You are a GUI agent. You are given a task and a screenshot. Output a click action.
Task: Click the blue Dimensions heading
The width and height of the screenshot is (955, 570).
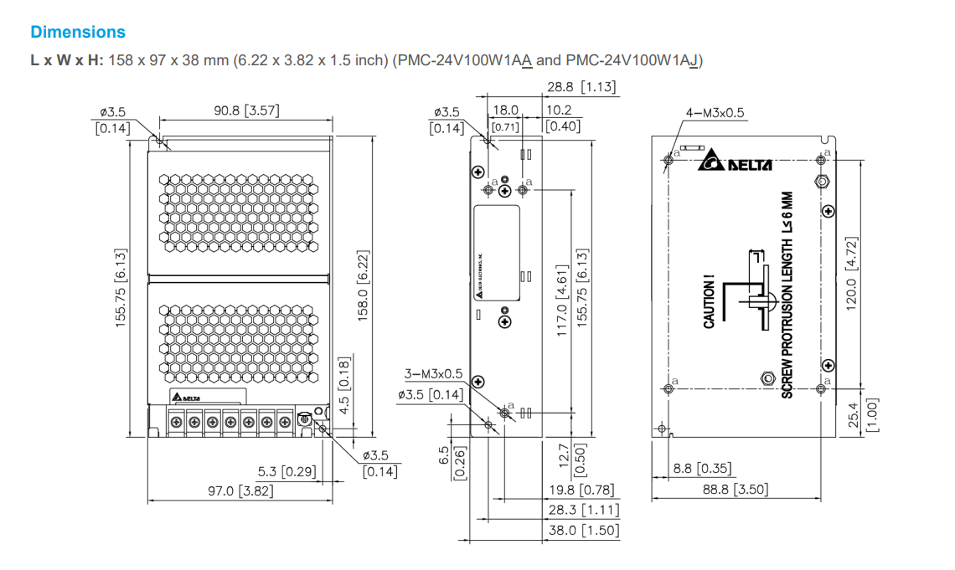tap(78, 32)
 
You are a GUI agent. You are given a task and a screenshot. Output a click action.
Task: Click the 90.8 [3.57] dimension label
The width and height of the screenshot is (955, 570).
tap(245, 110)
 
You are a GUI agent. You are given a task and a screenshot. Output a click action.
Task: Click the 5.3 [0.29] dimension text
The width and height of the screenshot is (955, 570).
tap(287, 472)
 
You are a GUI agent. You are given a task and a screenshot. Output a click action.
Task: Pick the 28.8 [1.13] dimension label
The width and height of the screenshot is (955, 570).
tap(581, 86)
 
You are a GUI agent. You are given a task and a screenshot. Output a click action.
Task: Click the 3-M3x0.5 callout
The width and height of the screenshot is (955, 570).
tap(433, 373)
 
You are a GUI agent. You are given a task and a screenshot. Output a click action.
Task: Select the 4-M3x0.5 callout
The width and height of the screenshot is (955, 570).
tap(715, 113)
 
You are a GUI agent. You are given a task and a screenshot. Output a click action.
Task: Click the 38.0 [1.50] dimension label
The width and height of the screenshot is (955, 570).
tap(582, 530)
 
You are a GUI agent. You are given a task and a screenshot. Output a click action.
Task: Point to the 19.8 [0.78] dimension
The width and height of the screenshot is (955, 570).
tap(581, 490)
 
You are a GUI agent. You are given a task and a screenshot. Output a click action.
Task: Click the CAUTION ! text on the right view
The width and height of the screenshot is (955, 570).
tap(709, 305)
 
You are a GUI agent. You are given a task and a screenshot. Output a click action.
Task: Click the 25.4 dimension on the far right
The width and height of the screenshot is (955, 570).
tap(852, 413)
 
